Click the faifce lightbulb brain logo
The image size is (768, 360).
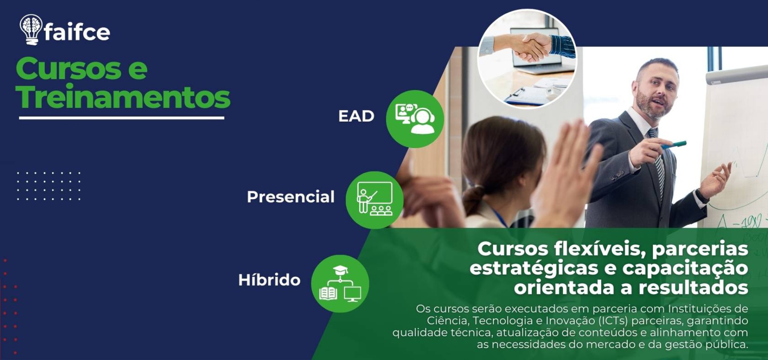(x=31, y=29)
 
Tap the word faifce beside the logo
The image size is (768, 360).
(x=77, y=32)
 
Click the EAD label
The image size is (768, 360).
(x=356, y=116)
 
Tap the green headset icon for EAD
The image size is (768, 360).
(x=415, y=119)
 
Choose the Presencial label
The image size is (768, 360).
(x=291, y=197)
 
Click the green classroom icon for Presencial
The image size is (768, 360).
(x=374, y=200)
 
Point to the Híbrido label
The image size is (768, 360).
(x=269, y=280)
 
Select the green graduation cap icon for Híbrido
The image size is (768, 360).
(x=340, y=284)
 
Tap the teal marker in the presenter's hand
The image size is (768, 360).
(x=674, y=145)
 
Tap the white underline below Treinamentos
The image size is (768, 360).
(x=122, y=118)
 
